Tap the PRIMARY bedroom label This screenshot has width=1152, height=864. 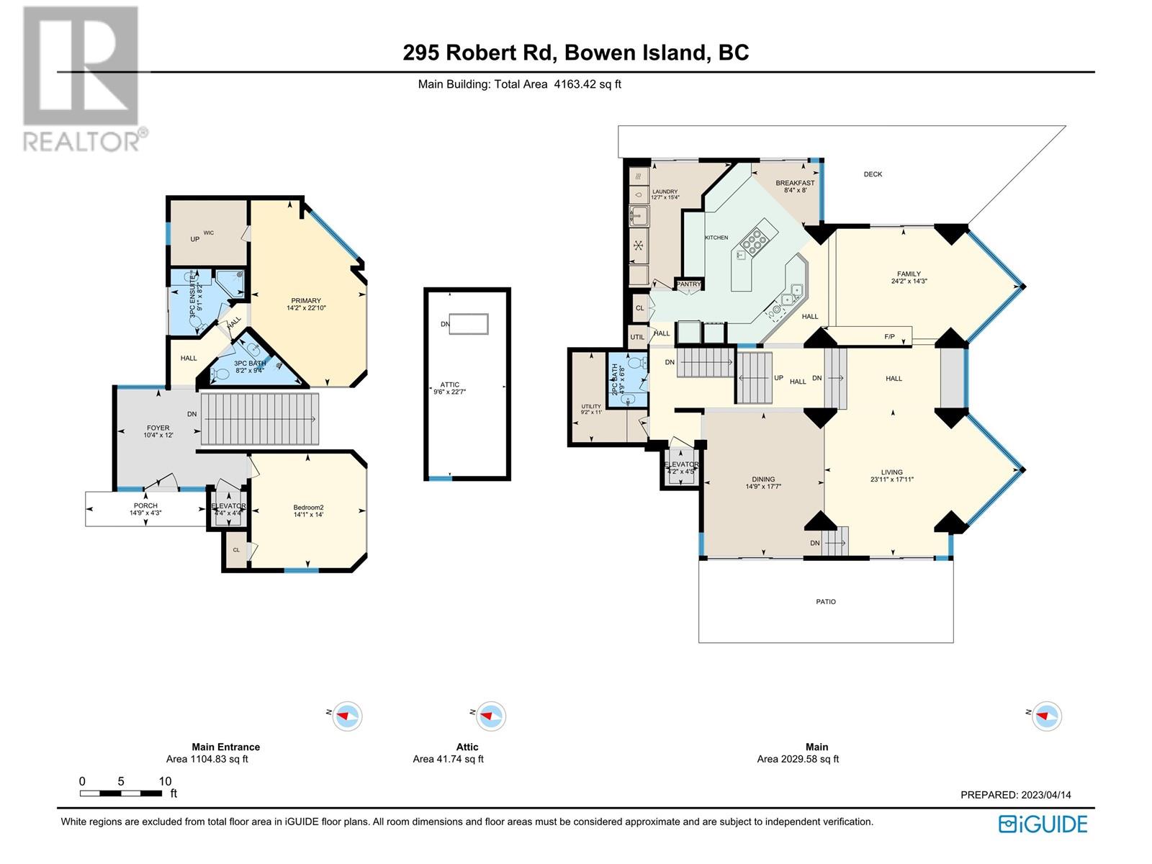(306, 301)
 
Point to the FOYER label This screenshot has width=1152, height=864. (158, 428)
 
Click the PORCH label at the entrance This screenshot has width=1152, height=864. (145, 505)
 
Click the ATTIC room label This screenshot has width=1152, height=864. (450, 385)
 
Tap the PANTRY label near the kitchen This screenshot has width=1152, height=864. (688, 284)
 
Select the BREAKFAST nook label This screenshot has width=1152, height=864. (795, 184)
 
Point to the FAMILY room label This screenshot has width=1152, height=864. (909, 274)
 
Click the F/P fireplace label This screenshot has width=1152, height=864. (889, 337)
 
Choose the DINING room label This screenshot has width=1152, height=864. (763, 480)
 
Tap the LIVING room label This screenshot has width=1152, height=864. (891, 472)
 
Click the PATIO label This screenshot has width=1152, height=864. (826, 601)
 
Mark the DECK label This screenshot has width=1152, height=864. (873, 174)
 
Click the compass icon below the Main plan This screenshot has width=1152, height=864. (1046, 716)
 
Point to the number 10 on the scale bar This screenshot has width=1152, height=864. (165, 781)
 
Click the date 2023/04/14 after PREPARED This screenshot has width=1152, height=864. (1045, 795)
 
